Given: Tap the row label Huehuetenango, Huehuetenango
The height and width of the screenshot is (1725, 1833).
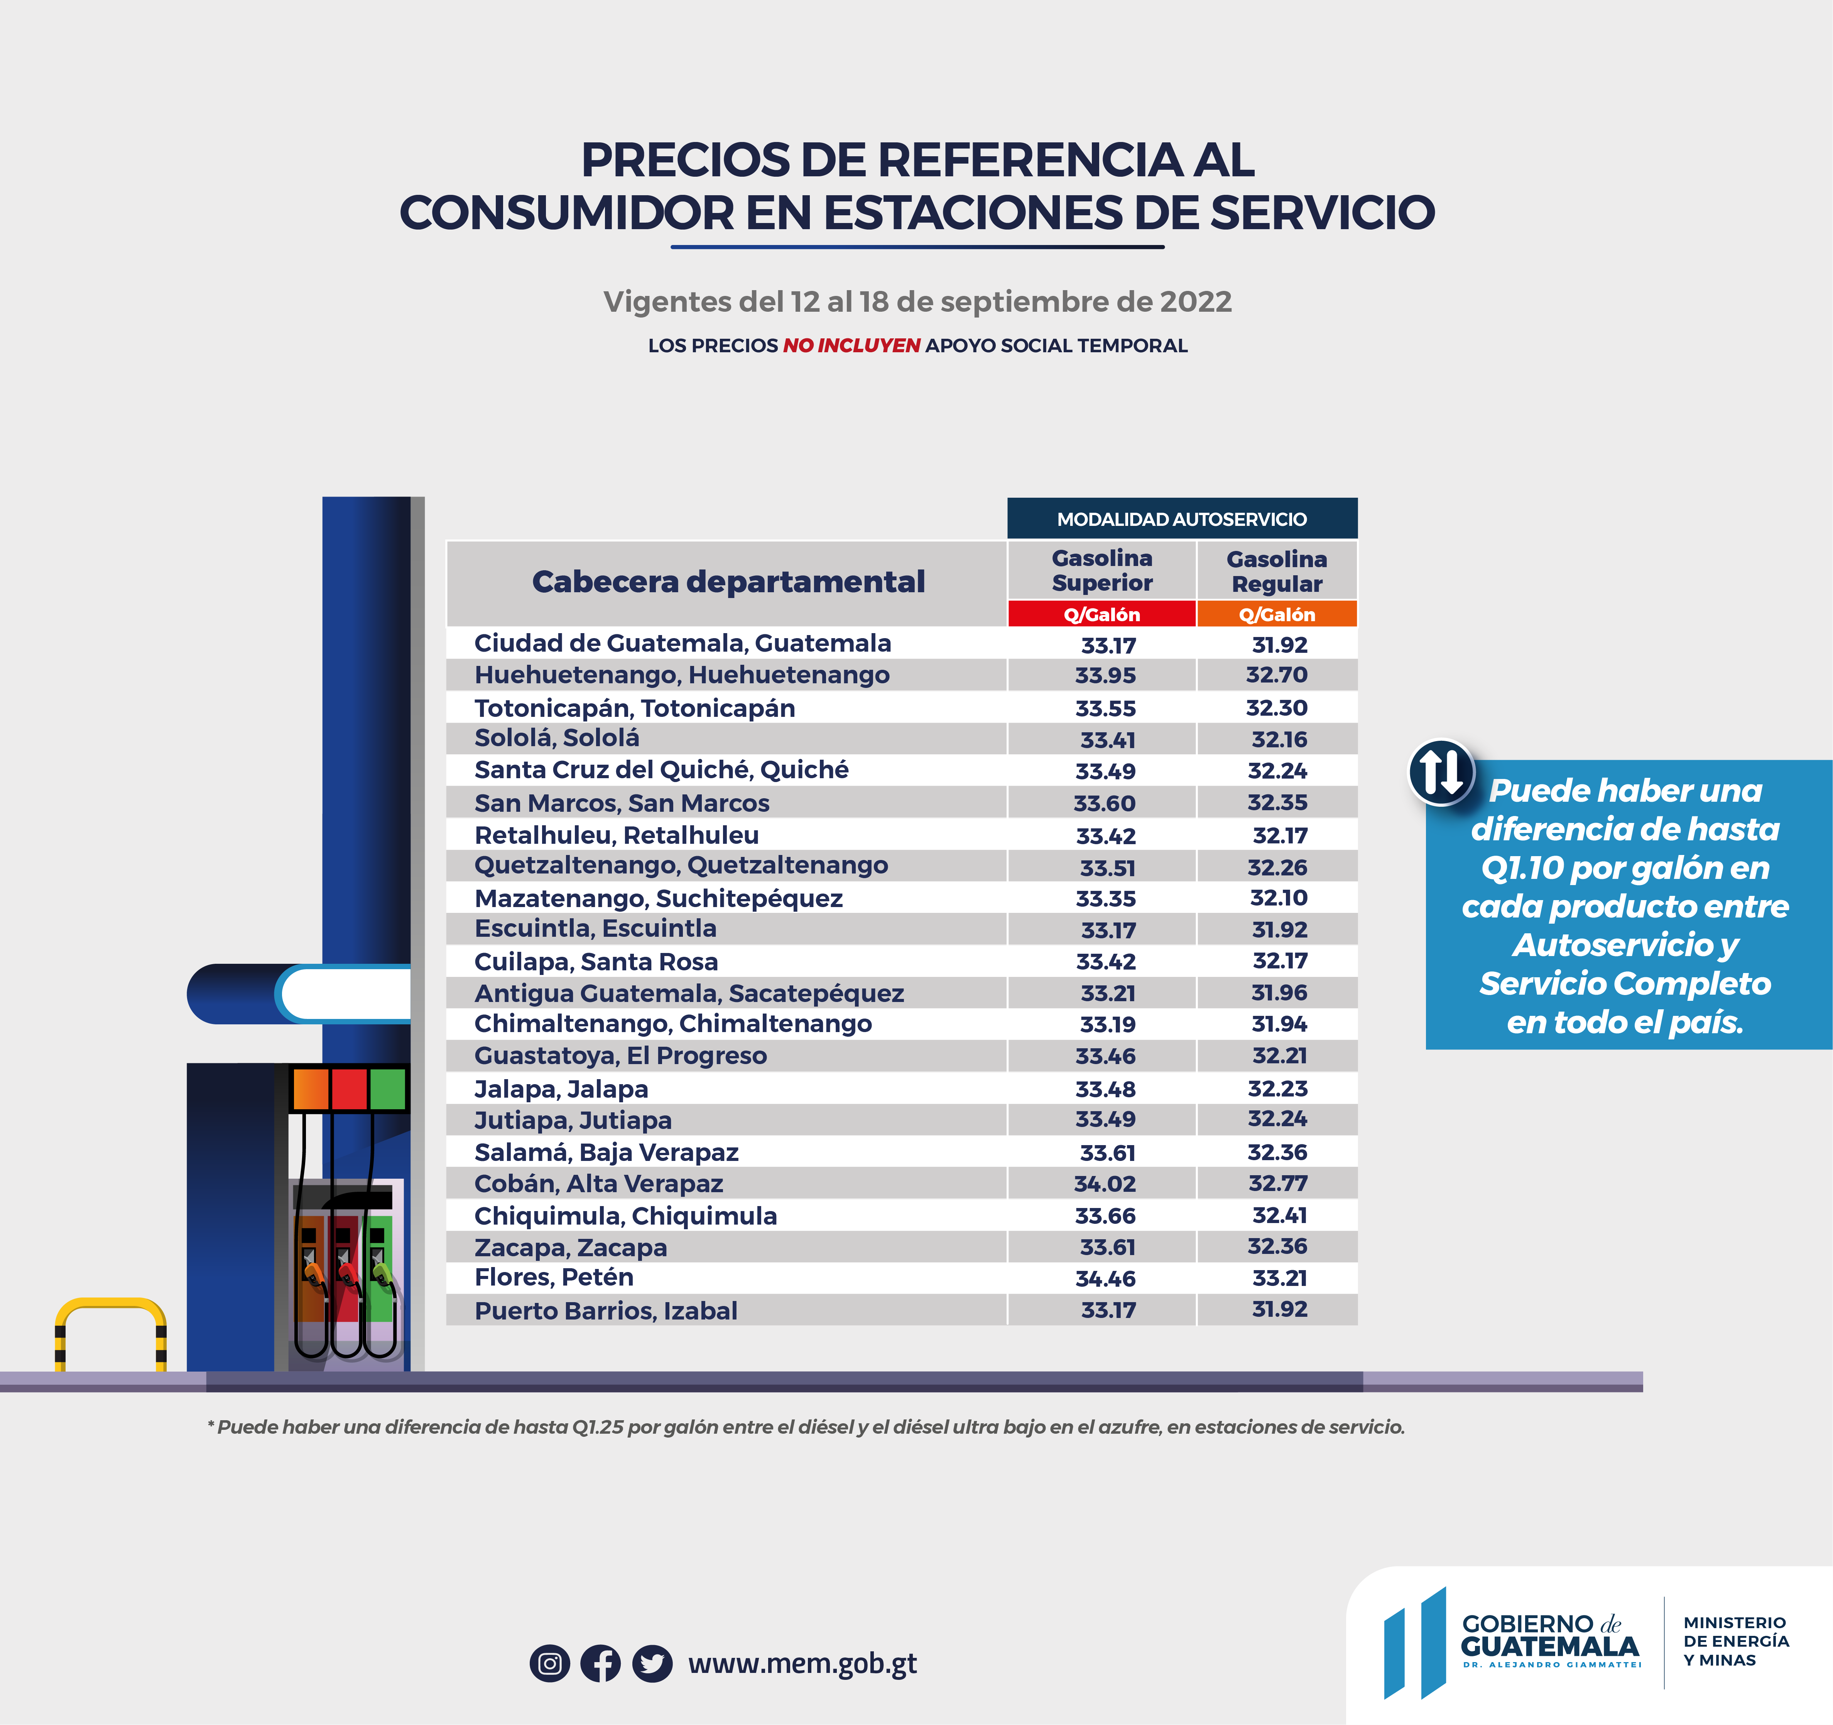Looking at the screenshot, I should tap(681, 675).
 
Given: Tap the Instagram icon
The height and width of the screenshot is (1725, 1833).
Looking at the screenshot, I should tap(549, 1663).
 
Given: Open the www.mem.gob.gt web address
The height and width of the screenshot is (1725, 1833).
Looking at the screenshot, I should tap(802, 1663).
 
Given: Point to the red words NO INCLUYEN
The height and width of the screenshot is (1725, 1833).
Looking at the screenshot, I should tap(851, 346).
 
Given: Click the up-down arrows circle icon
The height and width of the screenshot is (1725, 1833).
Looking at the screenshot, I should tap(1440, 772).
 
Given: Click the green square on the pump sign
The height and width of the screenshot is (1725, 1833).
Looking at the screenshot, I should tap(387, 1089).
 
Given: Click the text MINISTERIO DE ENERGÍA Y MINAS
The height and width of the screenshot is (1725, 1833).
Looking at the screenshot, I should tap(1735, 1641).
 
